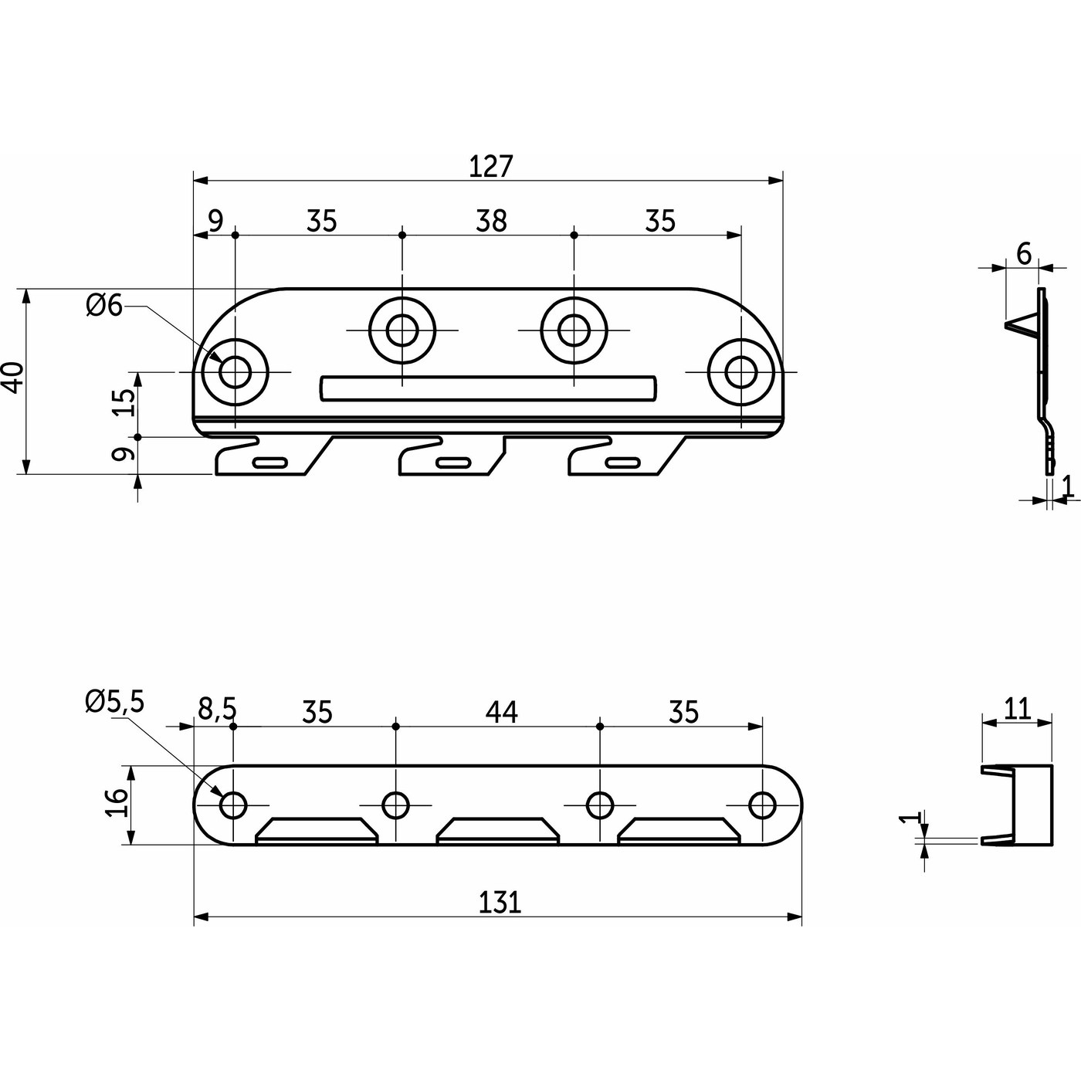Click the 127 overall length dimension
491,166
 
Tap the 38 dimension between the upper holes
491,221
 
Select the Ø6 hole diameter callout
104,306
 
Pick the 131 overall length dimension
500,902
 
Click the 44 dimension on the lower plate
501,711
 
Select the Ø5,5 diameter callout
115,701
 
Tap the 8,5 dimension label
216,708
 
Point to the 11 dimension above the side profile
1018,708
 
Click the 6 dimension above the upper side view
1024,253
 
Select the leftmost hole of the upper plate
234,372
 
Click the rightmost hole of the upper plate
740,372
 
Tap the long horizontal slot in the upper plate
488,388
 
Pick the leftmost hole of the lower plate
233,805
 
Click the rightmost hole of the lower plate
762,805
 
